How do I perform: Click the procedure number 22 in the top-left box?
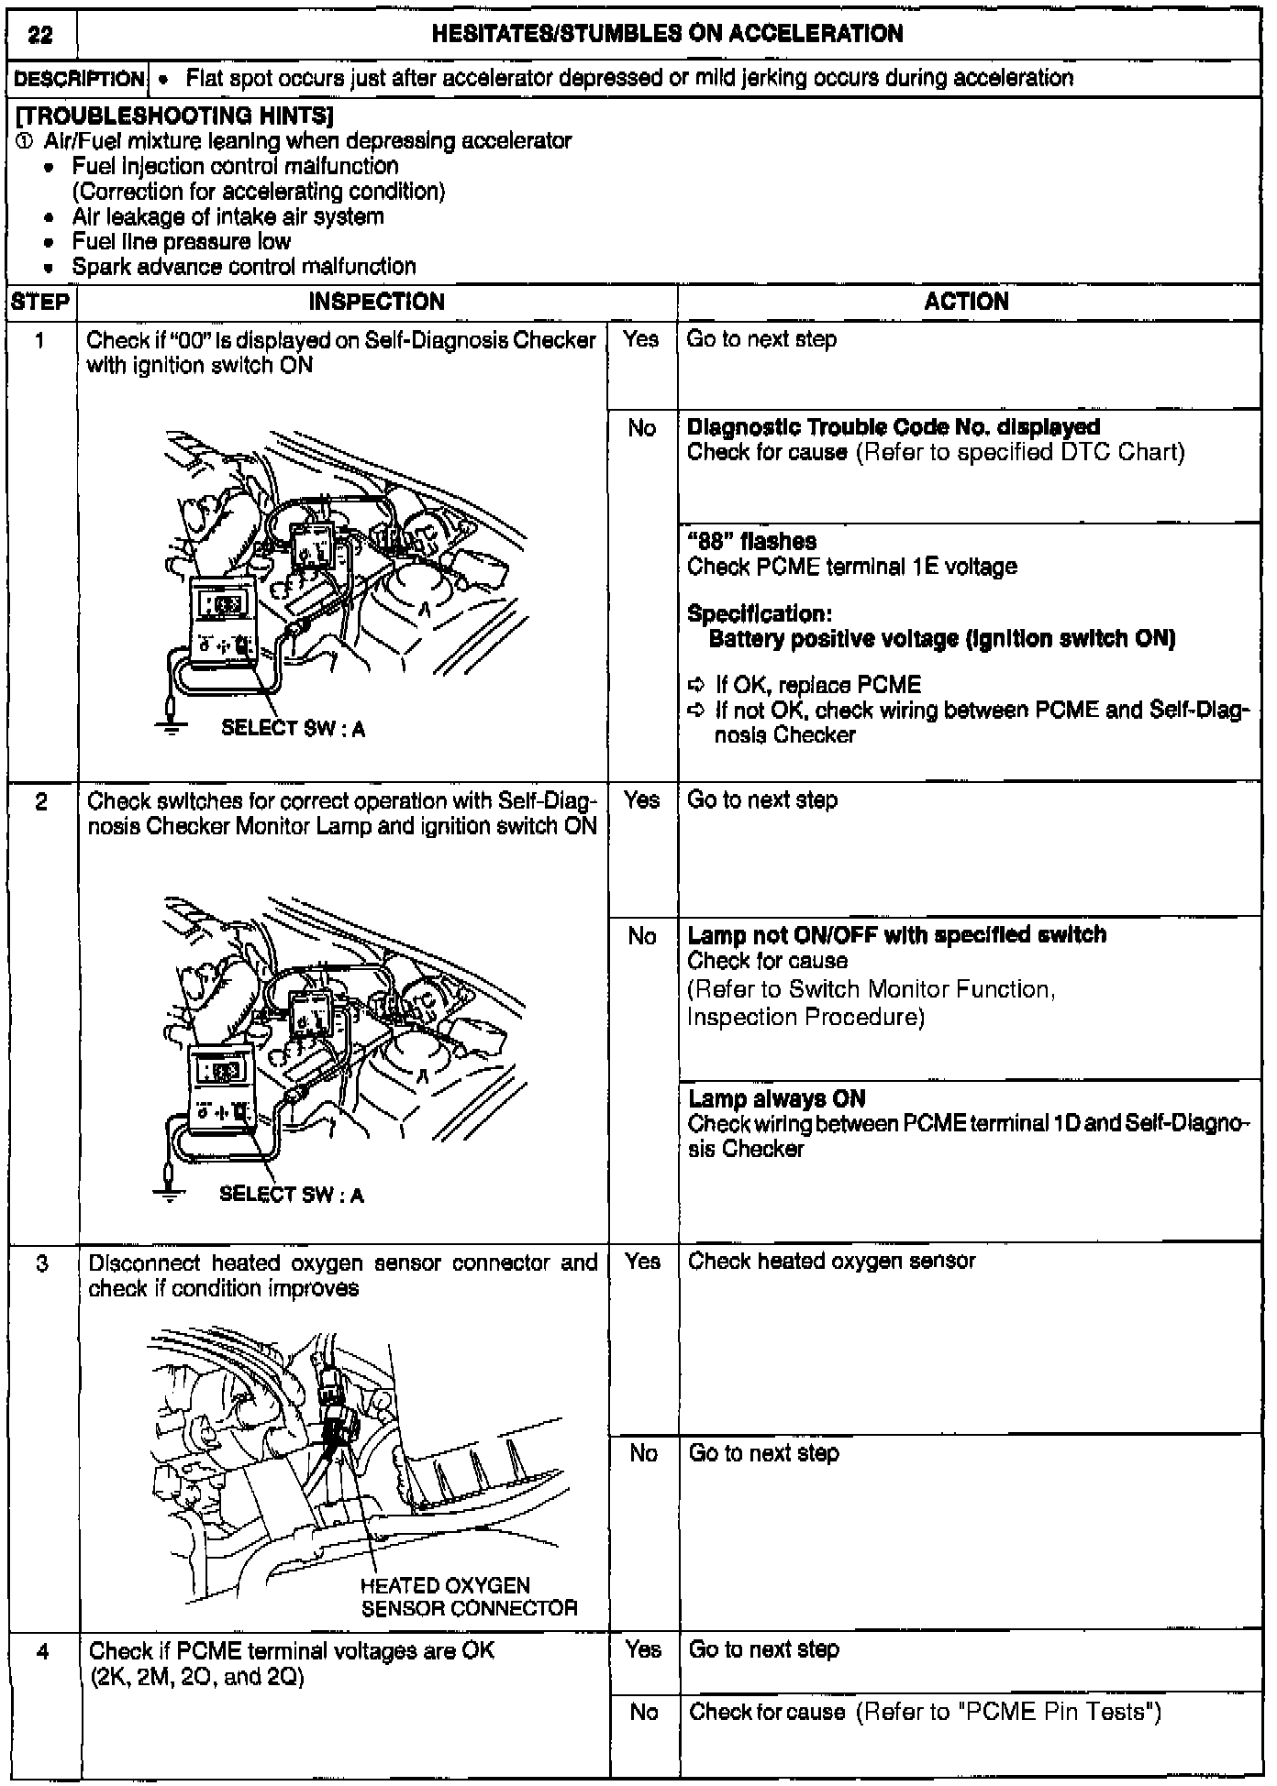[x=40, y=35]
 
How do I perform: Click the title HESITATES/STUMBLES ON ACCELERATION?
[x=667, y=34]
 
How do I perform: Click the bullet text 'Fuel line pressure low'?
[x=181, y=242]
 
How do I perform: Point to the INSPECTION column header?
[x=376, y=302]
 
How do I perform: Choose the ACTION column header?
[x=966, y=302]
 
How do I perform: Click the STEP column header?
[x=41, y=302]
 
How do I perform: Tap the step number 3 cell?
[x=41, y=1263]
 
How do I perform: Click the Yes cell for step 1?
[x=641, y=340]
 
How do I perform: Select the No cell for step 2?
[x=642, y=936]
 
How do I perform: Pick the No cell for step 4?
[x=644, y=1712]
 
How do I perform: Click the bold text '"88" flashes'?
[x=751, y=542]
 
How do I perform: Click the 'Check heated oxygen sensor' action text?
[x=831, y=1262]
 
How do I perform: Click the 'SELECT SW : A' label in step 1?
[x=293, y=729]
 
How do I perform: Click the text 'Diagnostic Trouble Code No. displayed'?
[x=894, y=427]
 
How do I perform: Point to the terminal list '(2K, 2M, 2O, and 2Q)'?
[x=196, y=1677]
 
